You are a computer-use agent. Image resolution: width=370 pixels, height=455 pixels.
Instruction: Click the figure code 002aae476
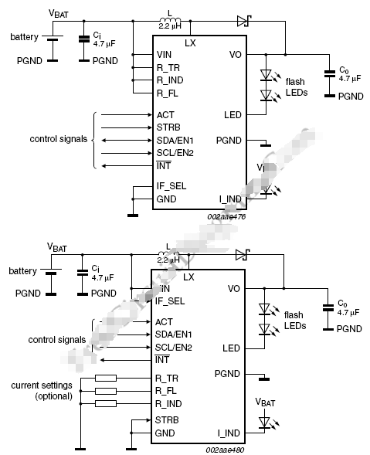click(225, 217)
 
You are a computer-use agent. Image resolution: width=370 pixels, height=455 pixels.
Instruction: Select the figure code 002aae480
click(225, 448)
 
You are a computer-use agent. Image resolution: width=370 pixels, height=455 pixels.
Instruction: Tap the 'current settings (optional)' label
click(42, 390)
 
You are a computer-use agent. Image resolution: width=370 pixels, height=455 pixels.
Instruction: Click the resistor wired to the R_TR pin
click(106, 379)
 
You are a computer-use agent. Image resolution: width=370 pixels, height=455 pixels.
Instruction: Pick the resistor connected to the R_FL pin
click(106, 391)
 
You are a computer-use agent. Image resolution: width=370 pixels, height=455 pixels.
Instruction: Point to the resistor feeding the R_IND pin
click(106, 403)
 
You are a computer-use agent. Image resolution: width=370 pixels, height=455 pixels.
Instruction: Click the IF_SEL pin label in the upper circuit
click(171, 186)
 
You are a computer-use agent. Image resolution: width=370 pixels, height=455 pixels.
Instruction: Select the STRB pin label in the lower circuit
click(168, 420)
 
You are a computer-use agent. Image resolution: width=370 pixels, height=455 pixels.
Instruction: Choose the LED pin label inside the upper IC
click(233, 114)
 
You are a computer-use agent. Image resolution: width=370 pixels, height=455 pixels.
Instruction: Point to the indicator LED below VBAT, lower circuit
click(266, 422)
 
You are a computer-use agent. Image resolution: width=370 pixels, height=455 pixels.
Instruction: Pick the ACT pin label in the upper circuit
click(165, 114)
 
